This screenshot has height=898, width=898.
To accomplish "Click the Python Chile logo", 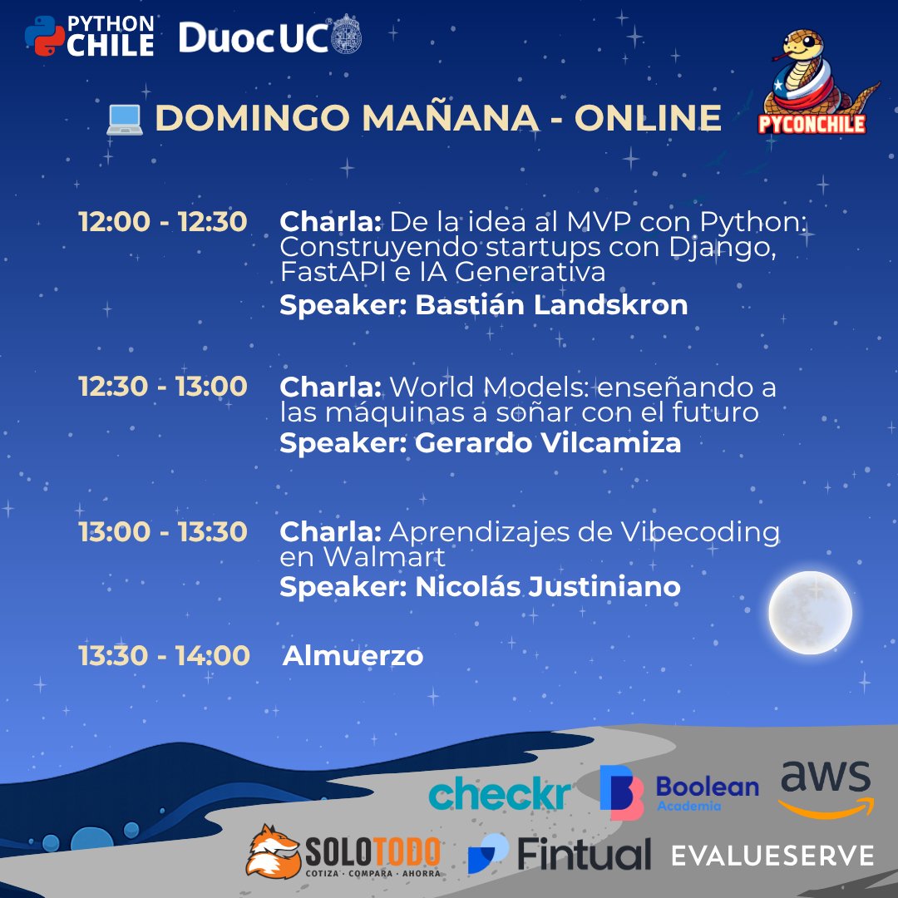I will coord(89,36).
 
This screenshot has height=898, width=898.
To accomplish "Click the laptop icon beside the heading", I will coord(125,119).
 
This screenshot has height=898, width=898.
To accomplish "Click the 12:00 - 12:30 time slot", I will coord(162,222).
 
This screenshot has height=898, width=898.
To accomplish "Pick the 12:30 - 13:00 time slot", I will coord(162,387).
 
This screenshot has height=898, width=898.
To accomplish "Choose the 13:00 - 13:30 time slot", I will coord(162,532).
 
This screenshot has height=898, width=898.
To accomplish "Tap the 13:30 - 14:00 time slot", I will coord(164,656).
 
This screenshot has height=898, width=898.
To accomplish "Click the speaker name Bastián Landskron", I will coord(551,305).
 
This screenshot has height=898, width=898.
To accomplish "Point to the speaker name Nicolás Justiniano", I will coord(547,587).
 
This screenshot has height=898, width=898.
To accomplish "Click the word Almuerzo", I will coord(353,656).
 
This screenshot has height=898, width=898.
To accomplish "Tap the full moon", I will coord(810,612).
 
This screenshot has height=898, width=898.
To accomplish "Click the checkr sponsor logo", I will coord(500,793).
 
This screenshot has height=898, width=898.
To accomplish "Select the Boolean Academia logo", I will coord(679,792).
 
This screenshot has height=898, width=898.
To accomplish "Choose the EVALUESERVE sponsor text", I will coord(773,856).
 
